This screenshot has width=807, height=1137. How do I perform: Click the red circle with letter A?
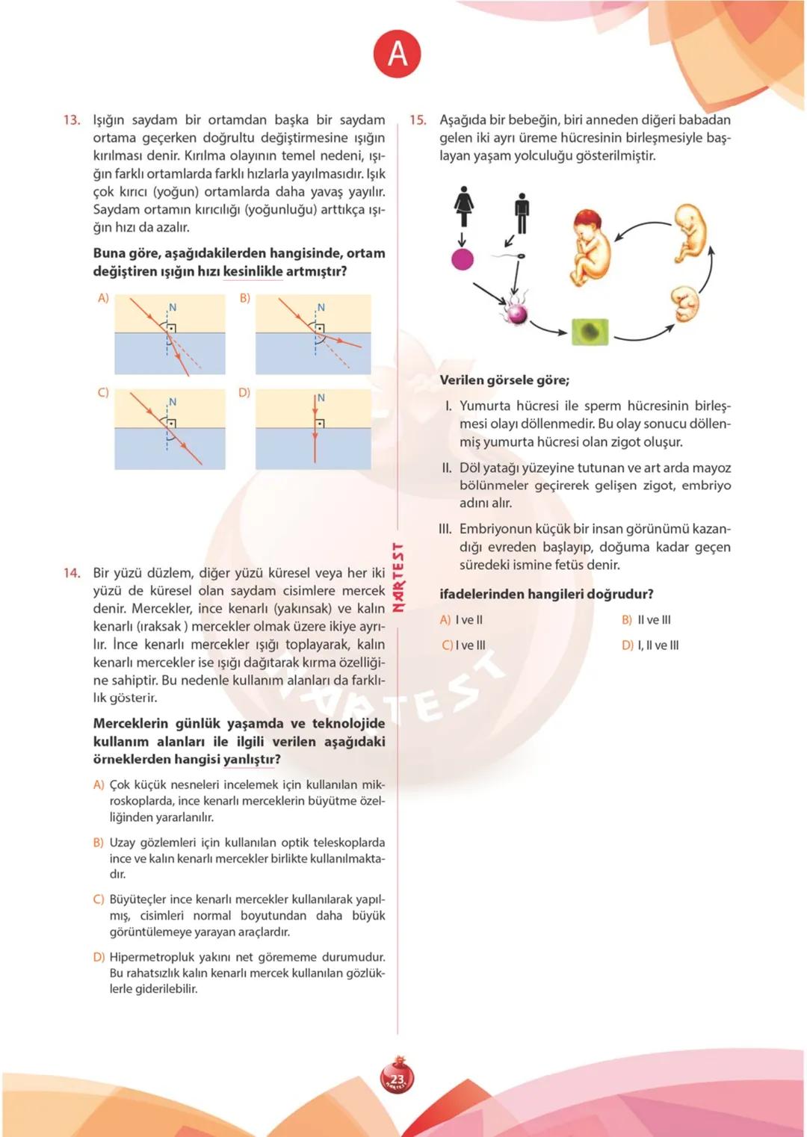pyautogui.click(x=398, y=54)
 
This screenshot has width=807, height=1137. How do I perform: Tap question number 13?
pyautogui.click(x=72, y=120)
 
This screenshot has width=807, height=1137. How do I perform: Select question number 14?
pyautogui.click(x=72, y=573)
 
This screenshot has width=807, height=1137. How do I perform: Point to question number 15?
pyautogui.click(x=418, y=120)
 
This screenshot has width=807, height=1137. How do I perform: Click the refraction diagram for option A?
pyautogui.click(x=170, y=334)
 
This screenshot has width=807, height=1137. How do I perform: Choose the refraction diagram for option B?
pyautogui.click(x=313, y=334)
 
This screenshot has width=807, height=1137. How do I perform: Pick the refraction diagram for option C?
pyautogui.click(x=170, y=430)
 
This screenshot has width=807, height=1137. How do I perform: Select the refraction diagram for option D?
pyautogui.click(x=313, y=430)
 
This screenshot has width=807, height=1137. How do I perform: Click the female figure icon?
pyautogui.click(x=464, y=206)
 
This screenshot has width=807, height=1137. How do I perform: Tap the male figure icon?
pyautogui.click(x=522, y=213)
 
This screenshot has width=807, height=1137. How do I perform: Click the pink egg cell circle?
pyautogui.click(x=463, y=259)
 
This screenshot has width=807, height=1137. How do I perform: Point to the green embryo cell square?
pyautogui.click(x=590, y=331)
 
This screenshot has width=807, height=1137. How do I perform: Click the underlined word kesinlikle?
pyautogui.click(x=253, y=271)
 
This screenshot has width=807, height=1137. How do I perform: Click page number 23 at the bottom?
pyautogui.click(x=397, y=1079)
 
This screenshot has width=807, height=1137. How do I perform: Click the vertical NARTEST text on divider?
pyautogui.click(x=398, y=577)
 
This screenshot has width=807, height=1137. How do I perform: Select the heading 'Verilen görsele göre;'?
pyautogui.click(x=504, y=380)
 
